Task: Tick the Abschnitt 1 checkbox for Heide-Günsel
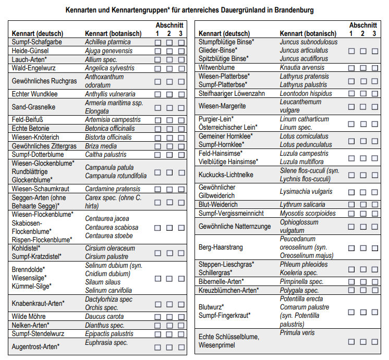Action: click(157, 51)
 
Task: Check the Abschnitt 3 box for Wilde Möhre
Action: click(181, 316)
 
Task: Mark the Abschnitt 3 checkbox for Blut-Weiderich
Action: click(374, 205)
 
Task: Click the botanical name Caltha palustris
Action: click(105, 155)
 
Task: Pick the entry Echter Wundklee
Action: click(34, 94)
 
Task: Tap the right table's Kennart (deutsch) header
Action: click(224, 34)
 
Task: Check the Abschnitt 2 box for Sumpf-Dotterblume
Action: click(169, 155)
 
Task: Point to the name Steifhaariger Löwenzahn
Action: click(232, 94)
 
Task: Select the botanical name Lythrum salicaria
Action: click(302, 205)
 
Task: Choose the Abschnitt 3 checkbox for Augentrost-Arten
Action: click(181, 347)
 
